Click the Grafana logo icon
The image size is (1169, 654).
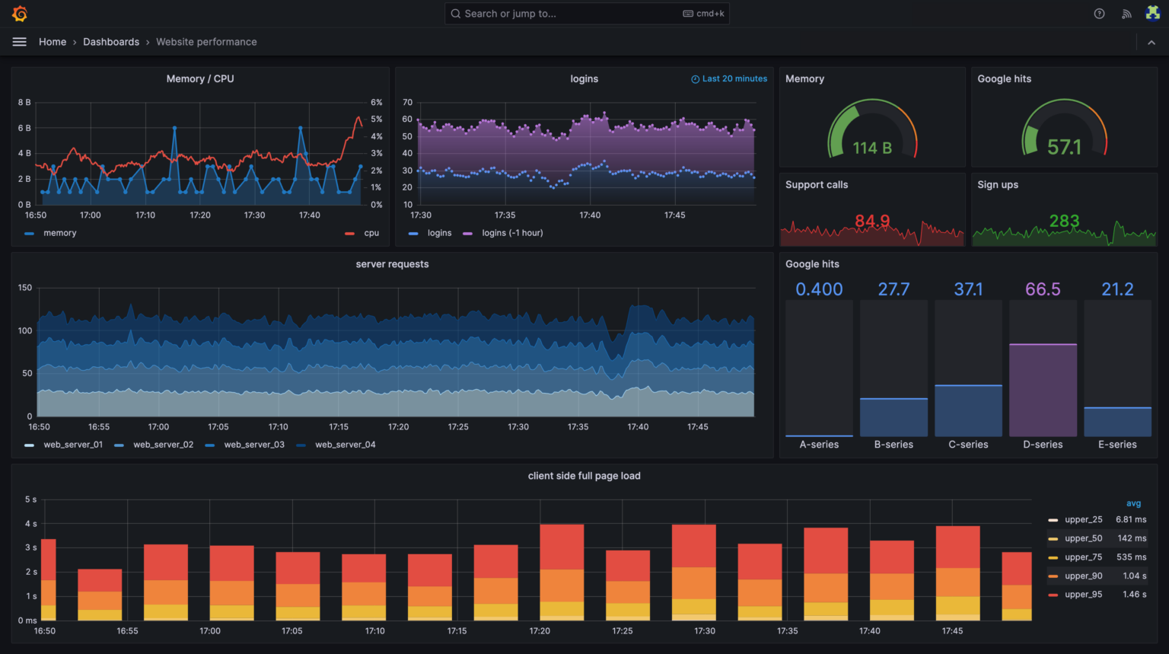[20, 14]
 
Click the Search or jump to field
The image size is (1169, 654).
[586, 14]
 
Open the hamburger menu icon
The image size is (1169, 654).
[20, 42]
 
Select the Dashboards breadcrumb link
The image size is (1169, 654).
[111, 42]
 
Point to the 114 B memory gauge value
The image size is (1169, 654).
[872, 148]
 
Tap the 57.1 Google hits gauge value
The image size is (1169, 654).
[1064, 147]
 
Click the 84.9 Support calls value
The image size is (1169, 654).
[872, 221]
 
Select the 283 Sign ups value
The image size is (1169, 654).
[1064, 221]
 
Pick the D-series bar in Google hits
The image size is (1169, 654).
[1043, 390]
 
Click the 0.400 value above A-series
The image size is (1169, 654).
[819, 289]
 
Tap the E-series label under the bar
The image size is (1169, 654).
[1117, 445]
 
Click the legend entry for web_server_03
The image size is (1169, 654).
[254, 445]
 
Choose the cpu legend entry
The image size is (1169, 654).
[371, 233]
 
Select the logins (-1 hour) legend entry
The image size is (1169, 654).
[512, 233]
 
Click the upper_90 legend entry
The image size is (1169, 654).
[1083, 576]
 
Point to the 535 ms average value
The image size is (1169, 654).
[1131, 557]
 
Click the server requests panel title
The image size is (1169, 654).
[392, 264]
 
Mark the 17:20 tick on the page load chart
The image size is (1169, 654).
[540, 630]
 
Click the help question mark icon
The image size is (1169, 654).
[1099, 14]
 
